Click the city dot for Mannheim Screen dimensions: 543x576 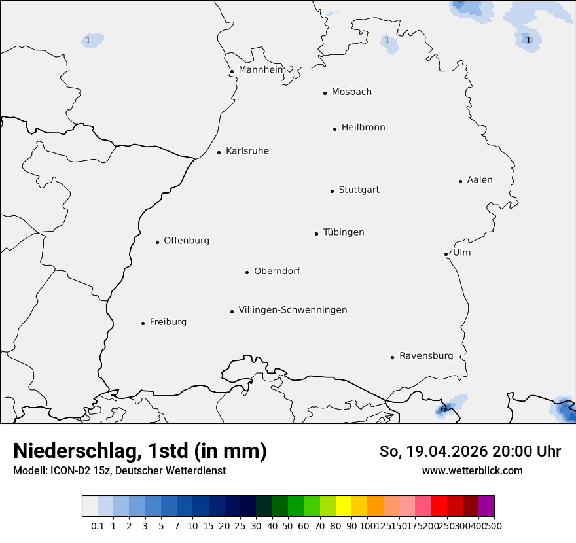(x=232, y=72)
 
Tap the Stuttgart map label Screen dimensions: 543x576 (x=359, y=190)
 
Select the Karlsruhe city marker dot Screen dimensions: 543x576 (x=219, y=152)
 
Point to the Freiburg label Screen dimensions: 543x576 (x=168, y=322)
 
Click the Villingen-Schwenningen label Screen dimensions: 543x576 (x=293, y=310)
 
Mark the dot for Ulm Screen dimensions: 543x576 (x=446, y=254)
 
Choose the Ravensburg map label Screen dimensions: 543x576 (x=426, y=356)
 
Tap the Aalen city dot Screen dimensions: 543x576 (x=460, y=181)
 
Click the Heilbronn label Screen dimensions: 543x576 (x=363, y=128)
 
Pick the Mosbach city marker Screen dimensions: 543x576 (x=325, y=93)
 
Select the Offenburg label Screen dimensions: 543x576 (x=187, y=241)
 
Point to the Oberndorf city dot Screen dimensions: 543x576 (x=247, y=272)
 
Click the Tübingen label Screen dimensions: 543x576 (x=344, y=232)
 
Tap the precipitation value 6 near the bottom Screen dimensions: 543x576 (x=443, y=410)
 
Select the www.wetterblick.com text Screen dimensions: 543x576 (x=472, y=470)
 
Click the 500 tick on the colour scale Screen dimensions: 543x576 (x=494, y=526)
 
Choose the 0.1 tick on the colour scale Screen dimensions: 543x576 (x=98, y=526)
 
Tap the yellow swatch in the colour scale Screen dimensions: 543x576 (x=344, y=506)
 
